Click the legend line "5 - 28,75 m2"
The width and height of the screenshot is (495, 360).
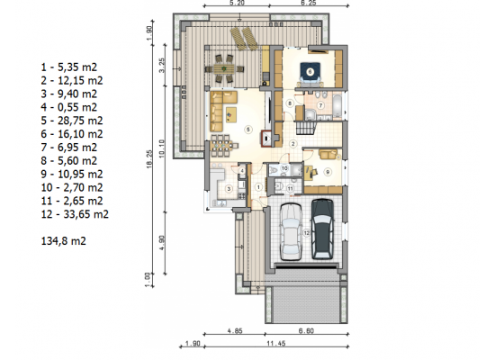click(72, 121)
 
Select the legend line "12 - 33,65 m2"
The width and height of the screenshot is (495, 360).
click(75, 214)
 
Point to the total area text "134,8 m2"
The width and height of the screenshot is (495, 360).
click(64, 241)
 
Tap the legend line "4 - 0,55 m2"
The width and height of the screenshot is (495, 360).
click(68, 107)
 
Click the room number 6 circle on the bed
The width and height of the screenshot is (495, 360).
click(310, 72)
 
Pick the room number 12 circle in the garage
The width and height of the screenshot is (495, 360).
click(306, 233)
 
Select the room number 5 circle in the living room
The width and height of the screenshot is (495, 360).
click(248, 130)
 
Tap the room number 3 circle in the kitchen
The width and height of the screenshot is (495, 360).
click(229, 189)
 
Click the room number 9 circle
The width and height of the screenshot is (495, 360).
click(328, 172)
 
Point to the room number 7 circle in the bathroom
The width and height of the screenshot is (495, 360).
click(320, 105)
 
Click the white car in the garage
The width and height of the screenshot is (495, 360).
click(291, 232)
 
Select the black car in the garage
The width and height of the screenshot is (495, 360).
click(322, 229)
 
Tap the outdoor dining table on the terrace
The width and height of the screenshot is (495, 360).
click(224, 68)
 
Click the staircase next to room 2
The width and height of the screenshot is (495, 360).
click(306, 128)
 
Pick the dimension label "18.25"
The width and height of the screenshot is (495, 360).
click(149, 158)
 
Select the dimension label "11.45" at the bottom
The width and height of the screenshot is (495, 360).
click(276, 343)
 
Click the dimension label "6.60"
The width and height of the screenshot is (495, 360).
click(306, 330)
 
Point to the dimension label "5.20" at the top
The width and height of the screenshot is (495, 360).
click(237, 3)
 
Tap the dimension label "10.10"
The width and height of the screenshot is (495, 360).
click(162, 148)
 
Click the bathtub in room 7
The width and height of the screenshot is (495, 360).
click(337, 106)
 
